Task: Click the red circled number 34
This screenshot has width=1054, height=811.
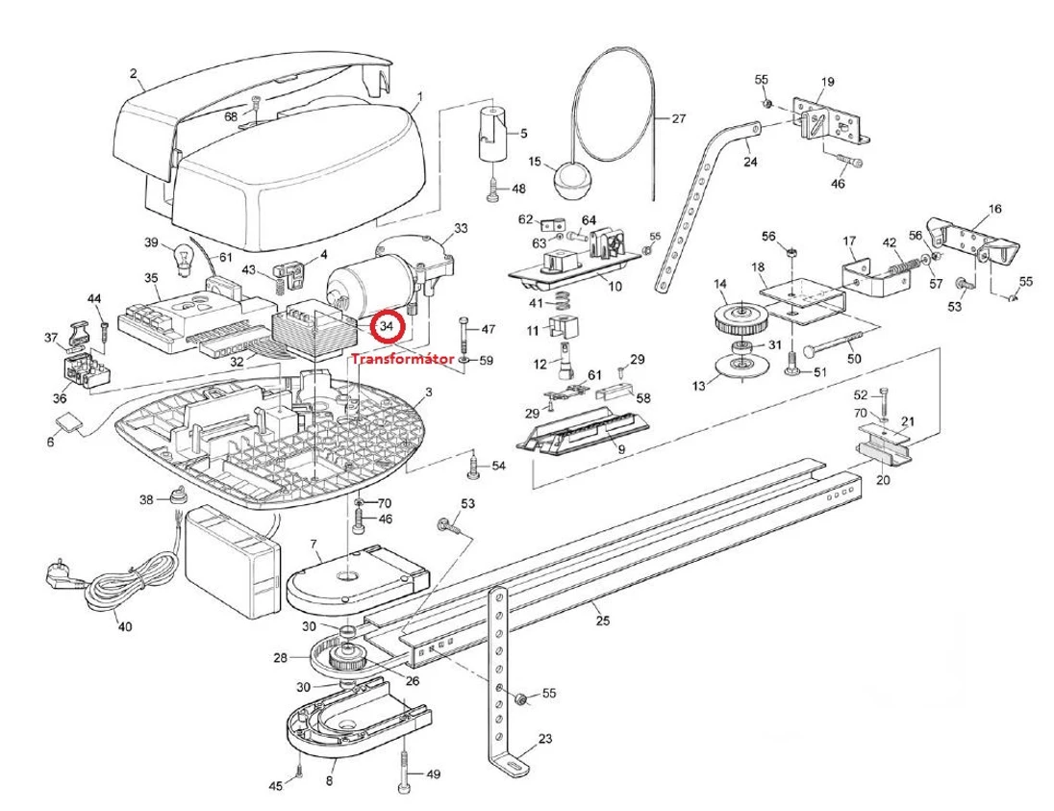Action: coord(387,327)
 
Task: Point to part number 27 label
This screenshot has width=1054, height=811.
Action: coord(679,119)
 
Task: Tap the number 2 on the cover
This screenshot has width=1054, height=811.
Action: coord(134,74)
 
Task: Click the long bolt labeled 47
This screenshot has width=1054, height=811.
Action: coord(464,337)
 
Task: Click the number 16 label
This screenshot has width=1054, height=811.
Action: coord(994,208)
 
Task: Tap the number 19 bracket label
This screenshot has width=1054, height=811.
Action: coord(827,82)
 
